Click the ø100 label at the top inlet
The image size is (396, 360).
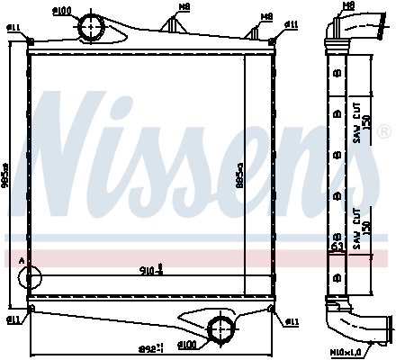pos(86,10)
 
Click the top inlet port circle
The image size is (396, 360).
pos(93,30)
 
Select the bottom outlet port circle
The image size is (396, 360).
pos(219,327)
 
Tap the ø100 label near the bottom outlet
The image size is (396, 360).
pos(187,344)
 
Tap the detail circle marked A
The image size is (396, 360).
pos(28,278)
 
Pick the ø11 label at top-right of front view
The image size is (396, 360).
pos(292,22)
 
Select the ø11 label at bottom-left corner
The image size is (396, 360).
pos(13,319)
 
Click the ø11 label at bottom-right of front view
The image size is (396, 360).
pos(292,321)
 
